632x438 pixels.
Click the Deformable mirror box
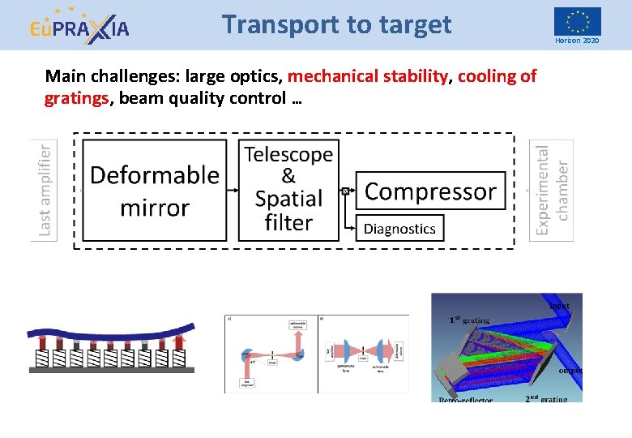pyautogui.click(x=154, y=190)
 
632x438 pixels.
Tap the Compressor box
pyautogui.click(x=430, y=191)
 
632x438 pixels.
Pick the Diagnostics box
pyautogui.click(x=399, y=229)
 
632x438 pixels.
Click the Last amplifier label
pyautogui.click(x=46, y=190)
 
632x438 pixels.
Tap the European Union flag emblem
pyautogui.click(x=577, y=21)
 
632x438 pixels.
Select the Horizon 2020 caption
pyautogui.click(x=577, y=41)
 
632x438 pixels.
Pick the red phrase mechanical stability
pyautogui.click(x=368, y=77)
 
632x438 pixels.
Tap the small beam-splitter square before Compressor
pyautogui.click(x=345, y=191)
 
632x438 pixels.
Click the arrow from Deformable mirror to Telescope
pyautogui.click(x=233, y=191)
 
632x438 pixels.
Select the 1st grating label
pyautogui.click(x=469, y=320)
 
